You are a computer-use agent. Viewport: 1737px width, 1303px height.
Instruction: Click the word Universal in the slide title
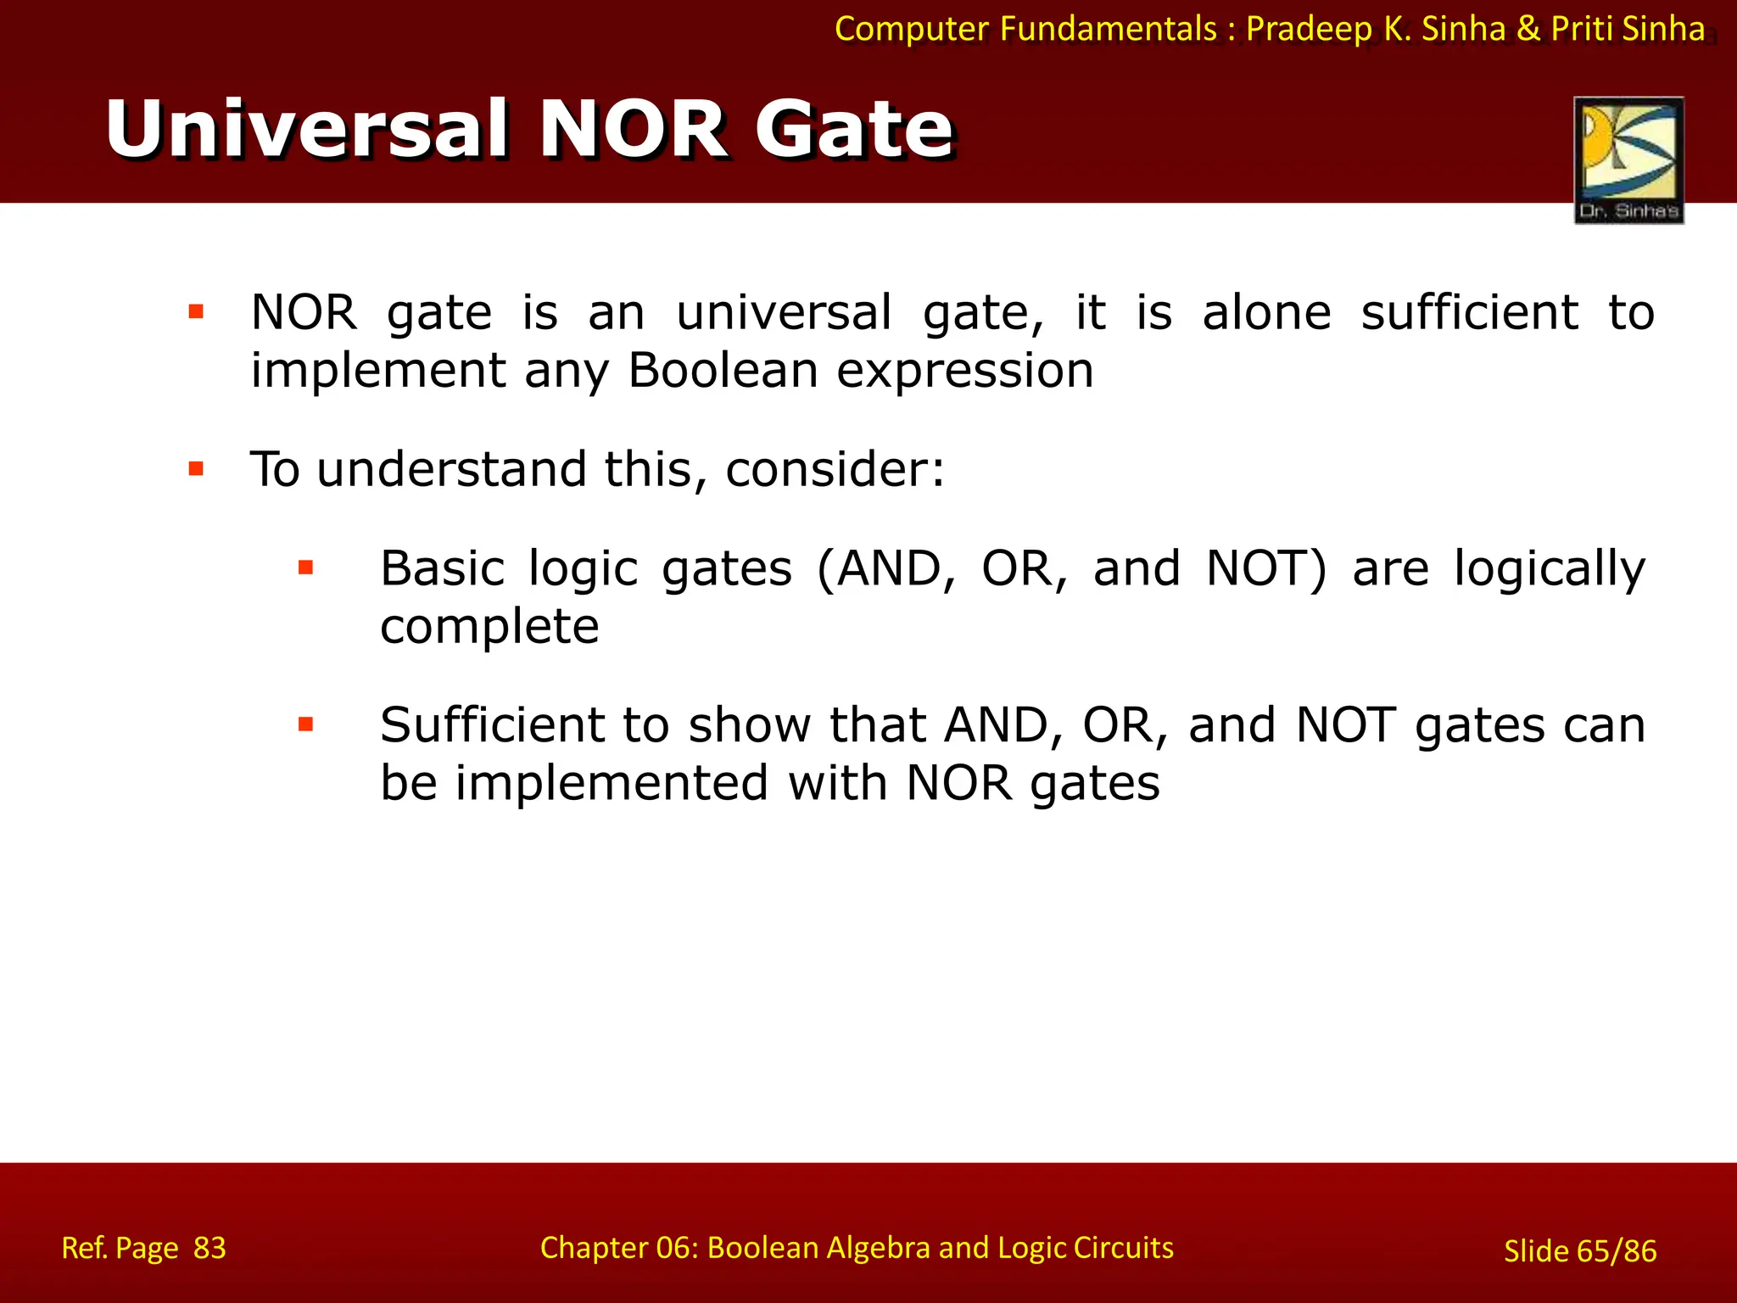click(x=307, y=129)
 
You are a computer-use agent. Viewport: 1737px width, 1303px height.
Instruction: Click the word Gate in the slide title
click(x=855, y=129)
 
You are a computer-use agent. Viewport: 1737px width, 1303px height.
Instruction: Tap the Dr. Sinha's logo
click(x=1628, y=159)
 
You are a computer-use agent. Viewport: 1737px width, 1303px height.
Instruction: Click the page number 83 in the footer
click(x=209, y=1248)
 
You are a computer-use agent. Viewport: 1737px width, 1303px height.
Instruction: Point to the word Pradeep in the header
click(x=1310, y=30)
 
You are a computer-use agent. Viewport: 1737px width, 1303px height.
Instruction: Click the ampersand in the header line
click(x=1528, y=30)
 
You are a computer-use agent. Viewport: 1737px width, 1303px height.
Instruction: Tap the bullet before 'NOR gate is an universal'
click(x=196, y=312)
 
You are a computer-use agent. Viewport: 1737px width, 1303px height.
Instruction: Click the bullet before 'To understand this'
click(x=196, y=468)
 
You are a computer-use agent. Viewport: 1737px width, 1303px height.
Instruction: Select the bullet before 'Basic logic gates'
click(x=306, y=568)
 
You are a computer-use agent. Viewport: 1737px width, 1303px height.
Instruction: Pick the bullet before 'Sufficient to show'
click(x=306, y=724)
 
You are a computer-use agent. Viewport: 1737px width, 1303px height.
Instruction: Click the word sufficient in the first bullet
click(x=1469, y=312)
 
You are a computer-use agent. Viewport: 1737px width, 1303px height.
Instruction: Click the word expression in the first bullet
click(x=965, y=371)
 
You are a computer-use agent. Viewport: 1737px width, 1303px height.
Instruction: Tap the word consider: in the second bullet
click(x=835, y=469)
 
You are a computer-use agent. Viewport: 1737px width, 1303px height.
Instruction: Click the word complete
click(x=489, y=626)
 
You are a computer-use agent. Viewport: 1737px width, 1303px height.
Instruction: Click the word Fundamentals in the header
click(x=1108, y=30)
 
